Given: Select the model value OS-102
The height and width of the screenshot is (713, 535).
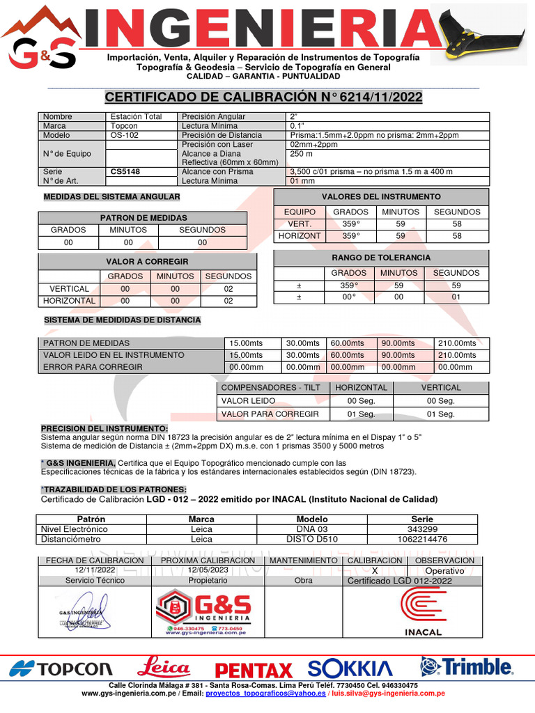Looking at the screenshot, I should [x=123, y=135].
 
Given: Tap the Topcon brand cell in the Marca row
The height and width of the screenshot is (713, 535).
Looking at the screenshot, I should [x=124, y=126].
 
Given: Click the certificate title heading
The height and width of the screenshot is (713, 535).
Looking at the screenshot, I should [x=263, y=97].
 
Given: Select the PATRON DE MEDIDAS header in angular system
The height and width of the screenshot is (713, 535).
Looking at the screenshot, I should [x=144, y=218].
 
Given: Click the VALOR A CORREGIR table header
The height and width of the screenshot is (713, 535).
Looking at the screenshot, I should [x=147, y=261].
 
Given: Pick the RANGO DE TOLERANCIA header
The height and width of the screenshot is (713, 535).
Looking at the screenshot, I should [x=381, y=258].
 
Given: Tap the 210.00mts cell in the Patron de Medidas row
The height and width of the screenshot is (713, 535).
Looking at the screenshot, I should [x=462, y=343].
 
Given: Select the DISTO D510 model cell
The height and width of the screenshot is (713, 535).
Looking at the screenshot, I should [x=311, y=539].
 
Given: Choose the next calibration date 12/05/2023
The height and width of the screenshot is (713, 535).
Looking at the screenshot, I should [x=208, y=570].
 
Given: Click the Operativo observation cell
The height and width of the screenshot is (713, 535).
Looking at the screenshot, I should [x=444, y=570].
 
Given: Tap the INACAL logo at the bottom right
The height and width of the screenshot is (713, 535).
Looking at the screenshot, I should [x=423, y=611].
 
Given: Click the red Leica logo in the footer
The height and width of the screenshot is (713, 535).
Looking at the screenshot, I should [x=164, y=668].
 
